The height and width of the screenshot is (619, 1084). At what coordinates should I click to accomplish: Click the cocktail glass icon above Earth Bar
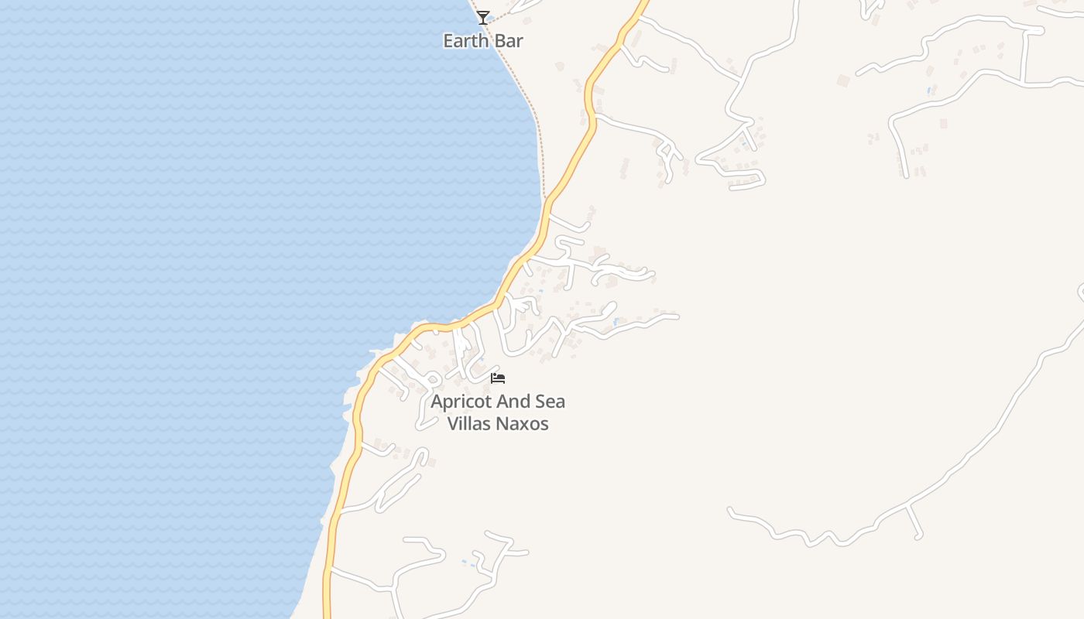(x=483, y=17)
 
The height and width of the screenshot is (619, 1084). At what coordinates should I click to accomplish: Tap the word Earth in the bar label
(x=466, y=41)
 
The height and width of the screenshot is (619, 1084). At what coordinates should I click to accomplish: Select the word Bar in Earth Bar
(x=508, y=41)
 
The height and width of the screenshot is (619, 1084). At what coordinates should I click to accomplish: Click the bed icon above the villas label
(x=498, y=378)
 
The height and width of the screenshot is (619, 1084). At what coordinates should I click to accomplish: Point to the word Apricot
(x=461, y=402)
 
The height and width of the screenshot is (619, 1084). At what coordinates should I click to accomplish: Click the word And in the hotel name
(x=513, y=402)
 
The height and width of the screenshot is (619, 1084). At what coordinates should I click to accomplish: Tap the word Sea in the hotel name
(x=551, y=402)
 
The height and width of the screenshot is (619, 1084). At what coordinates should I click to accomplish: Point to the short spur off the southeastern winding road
(x=915, y=522)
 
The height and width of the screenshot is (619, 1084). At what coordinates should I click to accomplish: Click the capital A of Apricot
(x=437, y=402)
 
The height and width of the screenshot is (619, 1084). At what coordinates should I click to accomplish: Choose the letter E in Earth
(x=448, y=41)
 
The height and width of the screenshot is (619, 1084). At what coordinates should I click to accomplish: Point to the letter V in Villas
(x=453, y=424)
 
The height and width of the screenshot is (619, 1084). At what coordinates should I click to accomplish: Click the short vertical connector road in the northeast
(x=1024, y=56)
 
